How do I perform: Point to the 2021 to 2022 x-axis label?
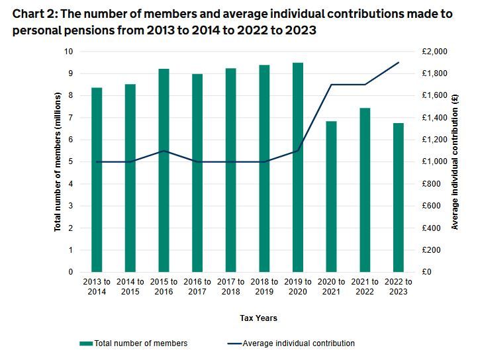point(365,287)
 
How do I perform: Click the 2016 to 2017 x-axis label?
point(197,287)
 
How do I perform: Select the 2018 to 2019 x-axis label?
point(264,287)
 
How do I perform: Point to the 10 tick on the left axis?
point(68,52)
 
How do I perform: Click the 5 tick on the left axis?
point(70,161)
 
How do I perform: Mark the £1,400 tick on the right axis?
point(434,118)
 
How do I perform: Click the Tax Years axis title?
point(258,318)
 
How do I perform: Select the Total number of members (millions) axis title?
point(58,162)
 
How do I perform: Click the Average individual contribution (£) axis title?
point(455,162)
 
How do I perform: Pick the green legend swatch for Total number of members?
point(85,343)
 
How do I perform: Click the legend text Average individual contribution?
point(299,343)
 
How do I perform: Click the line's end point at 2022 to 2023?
point(399,62)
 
